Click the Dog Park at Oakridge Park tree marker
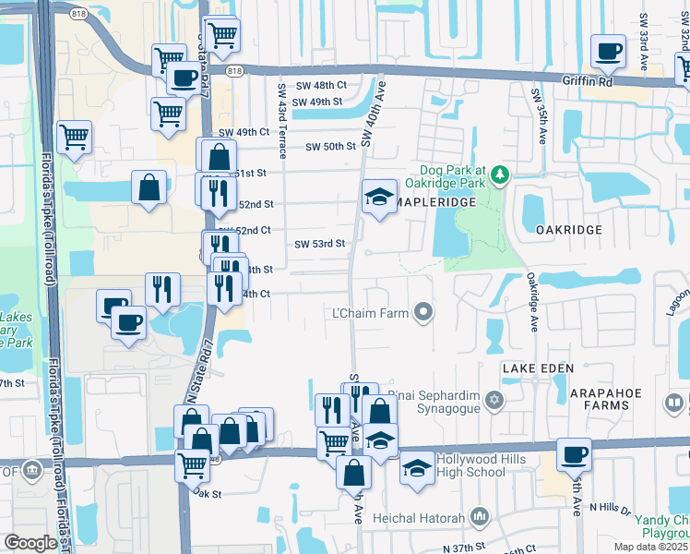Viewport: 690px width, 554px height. click(x=500, y=174)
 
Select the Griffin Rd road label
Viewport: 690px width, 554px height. click(x=588, y=80)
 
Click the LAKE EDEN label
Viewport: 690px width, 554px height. click(x=538, y=367)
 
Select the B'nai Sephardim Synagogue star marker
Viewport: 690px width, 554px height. click(x=494, y=401)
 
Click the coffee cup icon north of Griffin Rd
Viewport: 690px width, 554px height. click(x=607, y=52)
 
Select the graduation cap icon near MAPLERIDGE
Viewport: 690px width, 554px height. click(x=378, y=198)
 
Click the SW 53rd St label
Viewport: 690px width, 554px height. click(x=319, y=244)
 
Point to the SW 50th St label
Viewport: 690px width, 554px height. click(x=330, y=147)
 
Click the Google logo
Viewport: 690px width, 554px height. click(x=30, y=543)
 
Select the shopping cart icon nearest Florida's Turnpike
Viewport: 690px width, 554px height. click(x=75, y=138)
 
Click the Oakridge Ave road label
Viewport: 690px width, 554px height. click(x=532, y=301)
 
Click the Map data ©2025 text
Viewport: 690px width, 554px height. click(x=651, y=547)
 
